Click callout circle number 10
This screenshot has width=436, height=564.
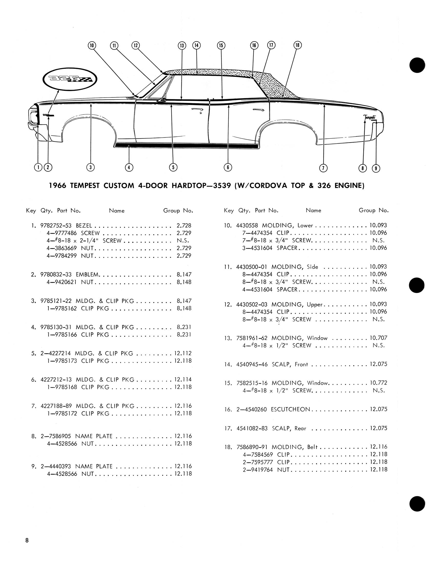coord(92,46)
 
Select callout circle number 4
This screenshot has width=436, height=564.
coord(129,167)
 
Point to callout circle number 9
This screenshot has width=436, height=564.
coord(376,168)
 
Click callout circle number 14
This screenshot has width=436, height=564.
coord(196,45)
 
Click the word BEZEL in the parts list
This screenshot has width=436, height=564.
coord(84,225)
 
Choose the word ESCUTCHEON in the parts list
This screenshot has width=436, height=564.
coord(290,409)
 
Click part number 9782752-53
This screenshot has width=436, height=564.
coord(56,225)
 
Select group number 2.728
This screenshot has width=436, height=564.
coord(184,225)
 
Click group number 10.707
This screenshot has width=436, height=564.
coord(378,338)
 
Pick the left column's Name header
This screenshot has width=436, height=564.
coord(117,211)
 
